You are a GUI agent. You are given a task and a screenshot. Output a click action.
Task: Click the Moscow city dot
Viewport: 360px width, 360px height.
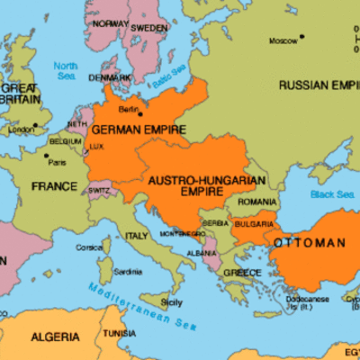(302, 37)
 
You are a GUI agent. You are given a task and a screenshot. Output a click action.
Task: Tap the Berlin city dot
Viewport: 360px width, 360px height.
(139, 114)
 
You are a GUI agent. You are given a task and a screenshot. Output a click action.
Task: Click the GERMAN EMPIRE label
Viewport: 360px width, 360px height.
(139, 130)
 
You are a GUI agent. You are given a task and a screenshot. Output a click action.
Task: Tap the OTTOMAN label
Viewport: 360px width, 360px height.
(310, 243)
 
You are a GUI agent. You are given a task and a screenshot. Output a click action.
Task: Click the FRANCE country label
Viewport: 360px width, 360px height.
(54, 186)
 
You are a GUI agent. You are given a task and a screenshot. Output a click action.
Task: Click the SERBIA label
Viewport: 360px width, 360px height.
(214, 222)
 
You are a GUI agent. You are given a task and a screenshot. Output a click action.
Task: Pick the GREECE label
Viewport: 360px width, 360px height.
(242, 272)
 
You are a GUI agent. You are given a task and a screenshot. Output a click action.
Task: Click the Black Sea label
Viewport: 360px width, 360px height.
(333, 193)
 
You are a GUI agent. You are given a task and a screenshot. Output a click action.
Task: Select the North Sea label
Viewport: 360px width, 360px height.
(66, 71)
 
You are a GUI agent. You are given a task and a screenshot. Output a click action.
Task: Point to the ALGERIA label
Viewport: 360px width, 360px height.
(56, 337)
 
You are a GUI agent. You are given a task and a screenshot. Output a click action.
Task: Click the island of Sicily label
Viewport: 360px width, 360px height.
(171, 302)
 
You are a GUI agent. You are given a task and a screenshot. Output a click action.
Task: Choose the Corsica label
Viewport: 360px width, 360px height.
(87, 247)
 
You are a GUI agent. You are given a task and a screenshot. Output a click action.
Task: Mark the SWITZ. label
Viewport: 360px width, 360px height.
(101, 192)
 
